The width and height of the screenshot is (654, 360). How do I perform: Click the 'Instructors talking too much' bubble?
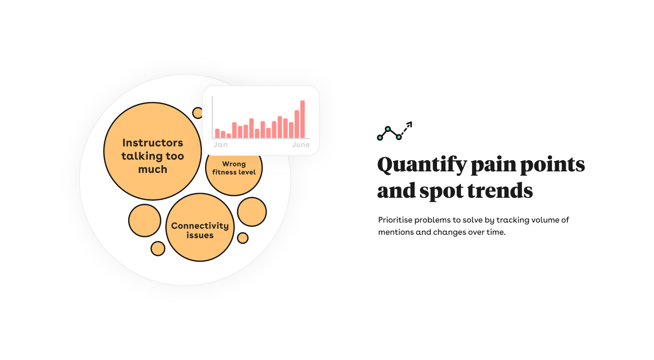pyautogui.click(x=153, y=151)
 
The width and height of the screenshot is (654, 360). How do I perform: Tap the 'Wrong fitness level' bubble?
pyautogui.click(x=234, y=175)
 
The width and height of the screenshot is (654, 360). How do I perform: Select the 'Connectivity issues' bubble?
pyautogui.click(x=200, y=227)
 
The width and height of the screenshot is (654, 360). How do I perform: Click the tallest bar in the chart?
pyautogui.click(x=303, y=119)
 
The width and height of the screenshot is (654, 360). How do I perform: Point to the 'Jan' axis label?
pyautogui.click(x=221, y=145)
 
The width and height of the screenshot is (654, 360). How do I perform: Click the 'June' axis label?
pyautogui.click(x=301, y=145)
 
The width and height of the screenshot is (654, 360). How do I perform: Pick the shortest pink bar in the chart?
pyautogui.click(x=229, y=136)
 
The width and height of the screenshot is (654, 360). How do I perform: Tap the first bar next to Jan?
pyautogui.click(x=217, y=133)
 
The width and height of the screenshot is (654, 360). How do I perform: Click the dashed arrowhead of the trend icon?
pyautogui.click(x=409, y=124)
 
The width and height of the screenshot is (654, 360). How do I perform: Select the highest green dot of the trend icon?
pyautogui.click(x=388, y=129)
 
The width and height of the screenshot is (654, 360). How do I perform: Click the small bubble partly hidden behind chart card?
pyautogui.click(x=197, y=113)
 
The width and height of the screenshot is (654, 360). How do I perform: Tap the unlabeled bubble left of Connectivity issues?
pyautogui.click(x=144, y=221)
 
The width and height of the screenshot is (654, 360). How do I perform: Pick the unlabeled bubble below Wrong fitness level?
pyautogui.click(x=251, y=212)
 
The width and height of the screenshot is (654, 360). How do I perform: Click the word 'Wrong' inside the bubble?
pyautogui.click(x=234, y=164)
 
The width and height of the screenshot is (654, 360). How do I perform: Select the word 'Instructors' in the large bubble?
pyautogui.click(x=153, y=143)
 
